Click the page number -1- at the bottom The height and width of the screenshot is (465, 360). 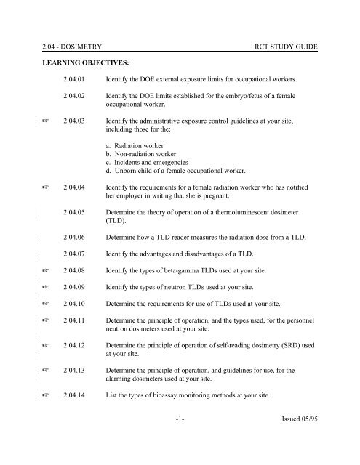coord(180,438)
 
